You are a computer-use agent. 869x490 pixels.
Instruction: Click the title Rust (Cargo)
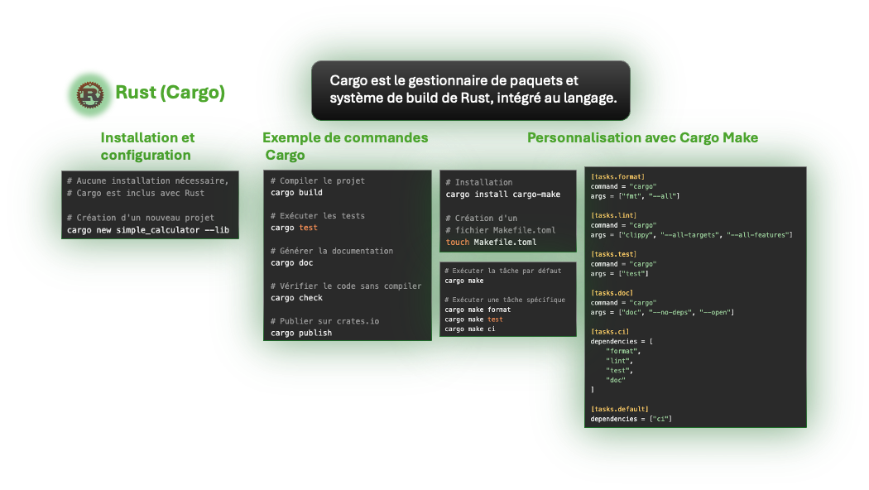coord(170,93)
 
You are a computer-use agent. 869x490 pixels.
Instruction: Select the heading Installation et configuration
coord(147,147)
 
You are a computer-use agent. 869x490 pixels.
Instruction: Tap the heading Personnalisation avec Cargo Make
coord(642,137)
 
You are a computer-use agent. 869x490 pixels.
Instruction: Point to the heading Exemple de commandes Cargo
coord(345,147)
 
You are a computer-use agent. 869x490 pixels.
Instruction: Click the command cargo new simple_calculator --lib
coord(148,229)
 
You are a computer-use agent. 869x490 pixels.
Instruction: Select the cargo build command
coord(296,192)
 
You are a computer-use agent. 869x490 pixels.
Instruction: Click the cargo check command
coord(296,297)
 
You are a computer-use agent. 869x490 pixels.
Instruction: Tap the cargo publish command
coord(301,333)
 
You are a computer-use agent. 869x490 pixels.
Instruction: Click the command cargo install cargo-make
coord(502,195)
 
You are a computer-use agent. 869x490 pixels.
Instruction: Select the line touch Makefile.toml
coord(491,243)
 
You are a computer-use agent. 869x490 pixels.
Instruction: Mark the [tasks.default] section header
coord(619,409)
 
